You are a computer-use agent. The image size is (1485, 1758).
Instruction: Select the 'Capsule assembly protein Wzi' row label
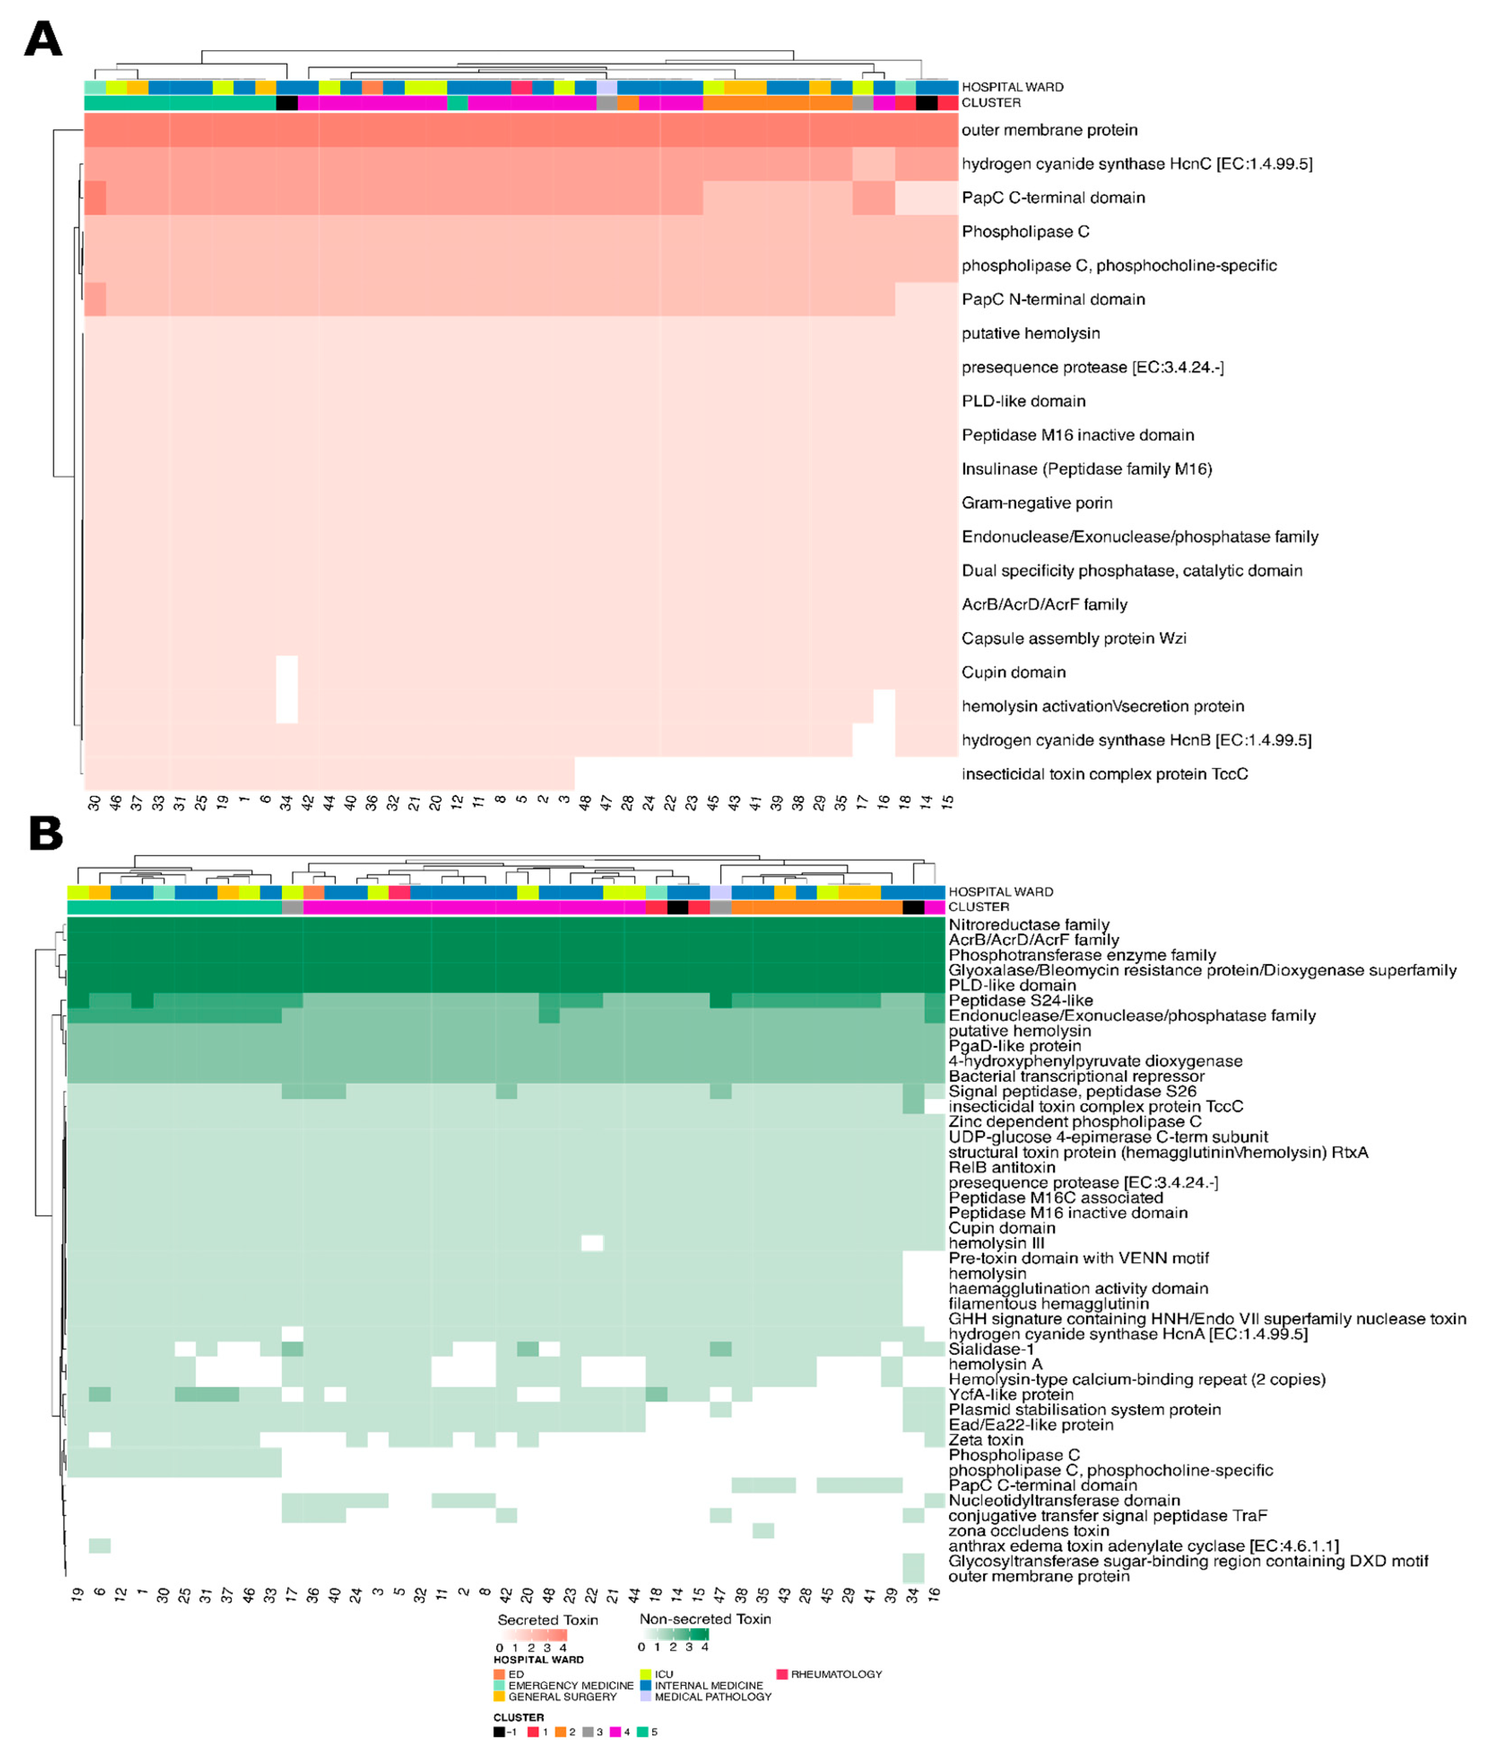(x=1074, y=638)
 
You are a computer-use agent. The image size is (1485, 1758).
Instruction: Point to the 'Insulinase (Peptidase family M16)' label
(x=1086, y=469)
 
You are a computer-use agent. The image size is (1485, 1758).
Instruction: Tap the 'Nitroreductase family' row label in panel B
(x=1029, y=925)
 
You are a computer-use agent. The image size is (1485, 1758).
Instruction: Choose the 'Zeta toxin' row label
(x=986, y=1440)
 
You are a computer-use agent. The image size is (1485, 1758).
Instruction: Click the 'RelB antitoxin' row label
(x=1002, y=1167)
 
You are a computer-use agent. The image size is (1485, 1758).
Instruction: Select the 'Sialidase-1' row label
(x=991, y=1349)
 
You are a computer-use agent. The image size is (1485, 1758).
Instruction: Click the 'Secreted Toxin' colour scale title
(x=547, y=1620)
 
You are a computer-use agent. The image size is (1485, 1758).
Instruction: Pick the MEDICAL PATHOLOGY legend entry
(x=712, y=1697)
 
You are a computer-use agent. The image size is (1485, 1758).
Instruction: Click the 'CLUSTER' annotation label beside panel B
(x=978, y=907)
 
